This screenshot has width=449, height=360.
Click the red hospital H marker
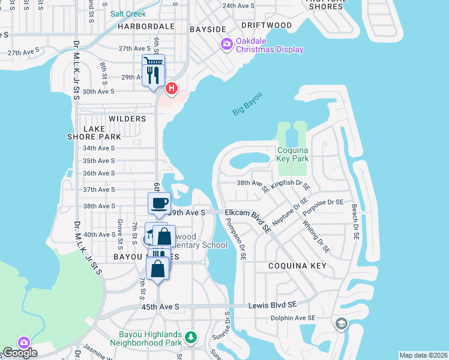point(172,89)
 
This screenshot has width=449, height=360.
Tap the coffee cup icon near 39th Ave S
point(159,203)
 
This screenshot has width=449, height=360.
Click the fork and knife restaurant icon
point(152,74)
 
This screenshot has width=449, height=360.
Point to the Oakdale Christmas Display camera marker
point(227,43)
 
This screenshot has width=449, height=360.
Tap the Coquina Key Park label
point(292,154)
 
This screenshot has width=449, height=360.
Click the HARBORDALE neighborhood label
point(146,27)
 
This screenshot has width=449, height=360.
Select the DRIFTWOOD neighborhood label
point(267,26)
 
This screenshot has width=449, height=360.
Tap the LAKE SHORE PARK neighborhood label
point(94,133)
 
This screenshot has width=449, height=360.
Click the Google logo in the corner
point(20,353)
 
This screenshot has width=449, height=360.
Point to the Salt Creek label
point(127,13)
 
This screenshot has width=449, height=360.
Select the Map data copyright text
point(423,355)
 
